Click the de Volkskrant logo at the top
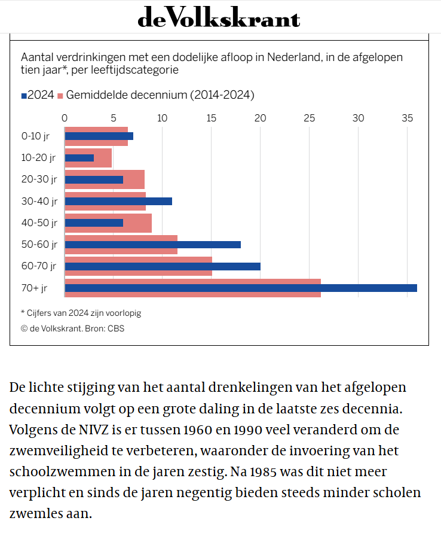click(219, 17)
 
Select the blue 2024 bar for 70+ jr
click(241, 288)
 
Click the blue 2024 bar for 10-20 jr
click(79, 157)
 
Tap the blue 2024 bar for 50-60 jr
click(152, 245)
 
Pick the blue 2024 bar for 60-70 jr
click(163, 266)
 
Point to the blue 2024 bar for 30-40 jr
click(118, 201)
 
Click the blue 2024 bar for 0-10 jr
click(99, 136)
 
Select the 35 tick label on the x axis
click(408, 118)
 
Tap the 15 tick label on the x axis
click(212, 118)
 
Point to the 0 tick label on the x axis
click(65, 118)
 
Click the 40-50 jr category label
click(39, 223)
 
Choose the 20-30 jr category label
click(39, 179)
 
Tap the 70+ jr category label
click(34, 288)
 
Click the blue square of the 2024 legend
click(24, 96)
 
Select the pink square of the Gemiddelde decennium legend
click(60, 96)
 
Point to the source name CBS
click(116, 328)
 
